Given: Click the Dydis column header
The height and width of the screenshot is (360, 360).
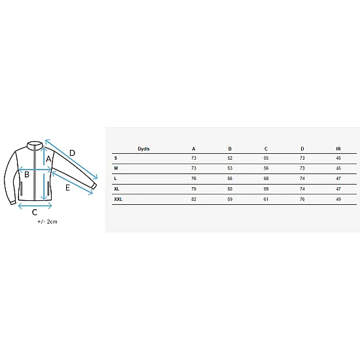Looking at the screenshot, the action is pos(143,149).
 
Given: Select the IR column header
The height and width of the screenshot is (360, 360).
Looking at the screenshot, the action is pos(338,149).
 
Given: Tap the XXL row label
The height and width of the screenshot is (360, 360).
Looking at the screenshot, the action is pos(118,199).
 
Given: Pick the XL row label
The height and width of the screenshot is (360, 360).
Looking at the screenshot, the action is pos(117,189).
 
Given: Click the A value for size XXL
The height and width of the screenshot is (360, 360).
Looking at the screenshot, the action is pos(194,199).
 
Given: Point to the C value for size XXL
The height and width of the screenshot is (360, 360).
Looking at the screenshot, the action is pos(266,199).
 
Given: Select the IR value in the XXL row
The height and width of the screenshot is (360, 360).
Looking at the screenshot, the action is pos(338,199).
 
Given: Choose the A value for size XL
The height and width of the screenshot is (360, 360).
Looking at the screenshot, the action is pos(194,189).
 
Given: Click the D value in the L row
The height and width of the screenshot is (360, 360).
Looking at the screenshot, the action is pos(302,179).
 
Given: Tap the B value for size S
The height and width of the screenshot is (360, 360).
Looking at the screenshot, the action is pos(230,158).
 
